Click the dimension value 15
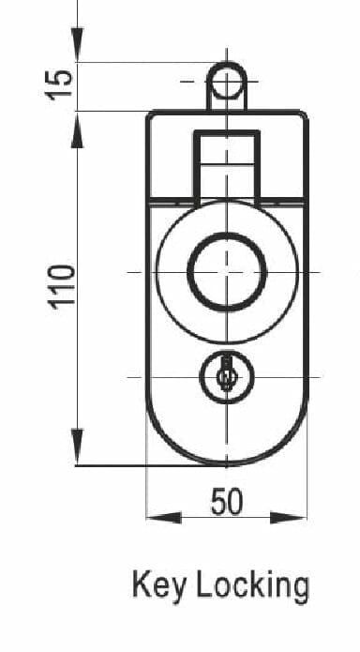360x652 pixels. coord(59,85)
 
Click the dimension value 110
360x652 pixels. coord(63,287)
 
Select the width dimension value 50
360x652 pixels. coord(227,502)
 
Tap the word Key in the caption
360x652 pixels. coord(158,585)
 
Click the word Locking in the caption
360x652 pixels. coord(252,586)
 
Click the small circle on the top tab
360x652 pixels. coord(227,81)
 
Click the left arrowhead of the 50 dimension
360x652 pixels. coord(164,518)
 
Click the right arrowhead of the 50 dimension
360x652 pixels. coord(289,518)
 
